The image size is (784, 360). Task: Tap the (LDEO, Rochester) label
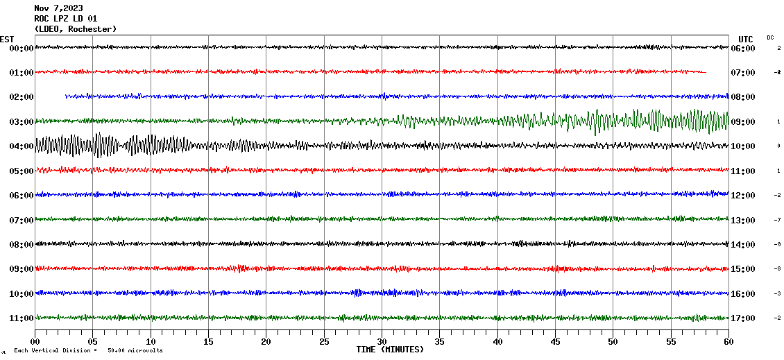tap(75, 28)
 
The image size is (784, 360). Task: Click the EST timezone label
tap(7, 39)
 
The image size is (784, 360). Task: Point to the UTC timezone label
tap(746, 39)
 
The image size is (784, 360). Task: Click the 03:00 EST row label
tap(22, 122)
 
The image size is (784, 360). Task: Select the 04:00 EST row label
tap(22, 146)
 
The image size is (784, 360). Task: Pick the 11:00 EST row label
tap(22, 318)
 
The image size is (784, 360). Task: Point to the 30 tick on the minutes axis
tap(382, 341)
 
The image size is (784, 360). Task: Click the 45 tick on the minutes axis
tap(555, 341)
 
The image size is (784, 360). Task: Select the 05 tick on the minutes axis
tap(93, 341)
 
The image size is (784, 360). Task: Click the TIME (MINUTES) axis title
tap(390, 350)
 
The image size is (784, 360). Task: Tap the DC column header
tap(770, 37)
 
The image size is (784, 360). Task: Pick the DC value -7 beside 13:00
tap(778, 220)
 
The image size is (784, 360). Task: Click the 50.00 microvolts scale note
tap(135, 351)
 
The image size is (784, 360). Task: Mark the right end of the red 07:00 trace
tap(705, 71)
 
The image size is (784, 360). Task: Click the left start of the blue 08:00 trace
tap(67, 96)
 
